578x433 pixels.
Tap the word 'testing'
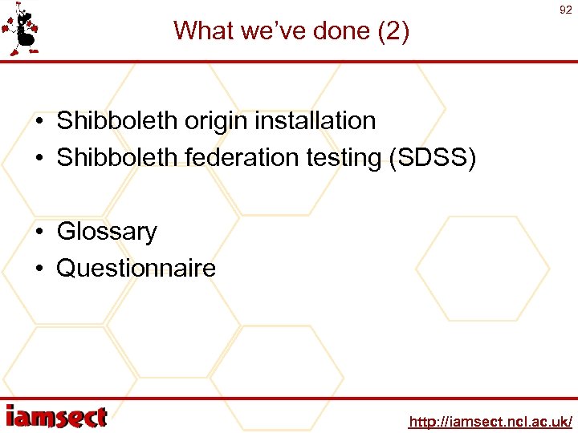(344, 157)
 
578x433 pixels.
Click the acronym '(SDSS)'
(432, 157)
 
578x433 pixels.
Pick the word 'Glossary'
(107, 232)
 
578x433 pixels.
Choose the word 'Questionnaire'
(136, 268)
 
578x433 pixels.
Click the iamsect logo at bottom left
(56, 416)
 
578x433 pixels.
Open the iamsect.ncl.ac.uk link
(490, 421)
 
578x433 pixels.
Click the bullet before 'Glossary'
(39, 233)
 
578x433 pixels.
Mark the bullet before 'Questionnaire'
(39, 269)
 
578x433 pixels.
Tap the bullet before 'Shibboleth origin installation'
(39, 122)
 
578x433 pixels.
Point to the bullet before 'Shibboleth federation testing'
(39, 158)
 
